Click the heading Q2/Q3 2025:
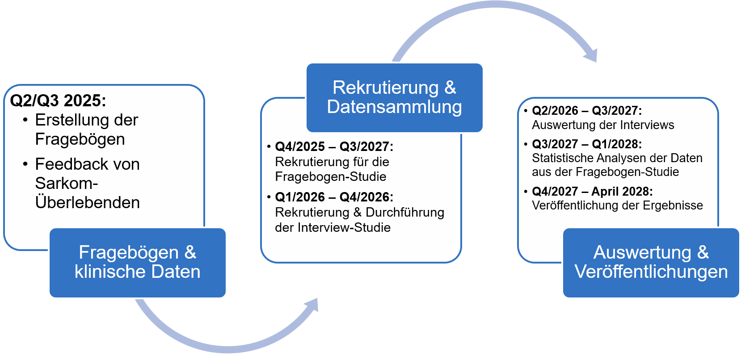coord(58,100)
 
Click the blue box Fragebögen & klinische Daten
coord(138,262)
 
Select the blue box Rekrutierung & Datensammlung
coord(394,97)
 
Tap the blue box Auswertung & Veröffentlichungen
coord(651,262)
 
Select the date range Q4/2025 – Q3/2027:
coord(334,147)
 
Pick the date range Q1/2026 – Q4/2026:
coord(334,197)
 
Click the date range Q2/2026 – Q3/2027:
coord(587,111)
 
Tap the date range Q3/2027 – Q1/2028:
coord(587,144)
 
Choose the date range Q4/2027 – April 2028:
coord(592,192)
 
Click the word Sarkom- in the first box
coord(67,183)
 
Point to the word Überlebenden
coord(88,202)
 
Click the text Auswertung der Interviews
coord(603,125)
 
